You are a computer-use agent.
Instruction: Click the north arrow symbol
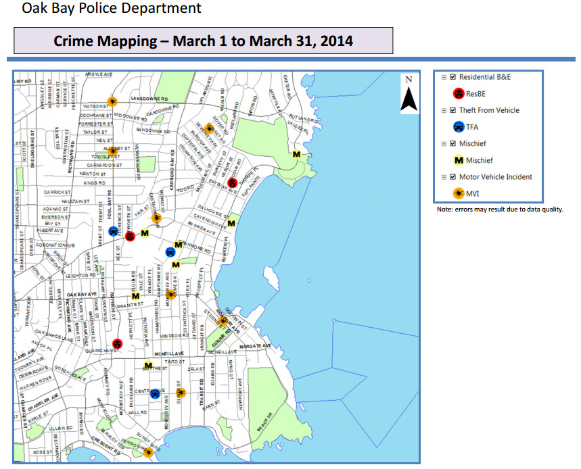coord(408,95)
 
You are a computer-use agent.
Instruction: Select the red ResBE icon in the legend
coord(458,93)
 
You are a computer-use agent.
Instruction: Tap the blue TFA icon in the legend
coord(458,126)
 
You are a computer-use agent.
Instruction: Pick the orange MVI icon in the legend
coord(458,193)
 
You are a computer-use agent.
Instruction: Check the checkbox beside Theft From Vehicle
coord(452,110)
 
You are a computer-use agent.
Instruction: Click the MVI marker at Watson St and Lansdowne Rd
coord(112,101)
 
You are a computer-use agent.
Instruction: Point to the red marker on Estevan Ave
coord(232,182)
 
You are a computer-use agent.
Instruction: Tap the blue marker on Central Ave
coord(156,393)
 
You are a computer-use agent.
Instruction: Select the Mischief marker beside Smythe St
coord(148,366)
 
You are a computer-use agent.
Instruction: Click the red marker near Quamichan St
coord(118,344)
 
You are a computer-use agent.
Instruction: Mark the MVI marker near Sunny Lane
coord(148,452)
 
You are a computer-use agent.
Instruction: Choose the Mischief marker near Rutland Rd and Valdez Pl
coord(296,154)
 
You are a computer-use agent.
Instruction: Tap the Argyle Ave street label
coord(98,73)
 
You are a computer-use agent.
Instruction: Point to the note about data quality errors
coord(500,209)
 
